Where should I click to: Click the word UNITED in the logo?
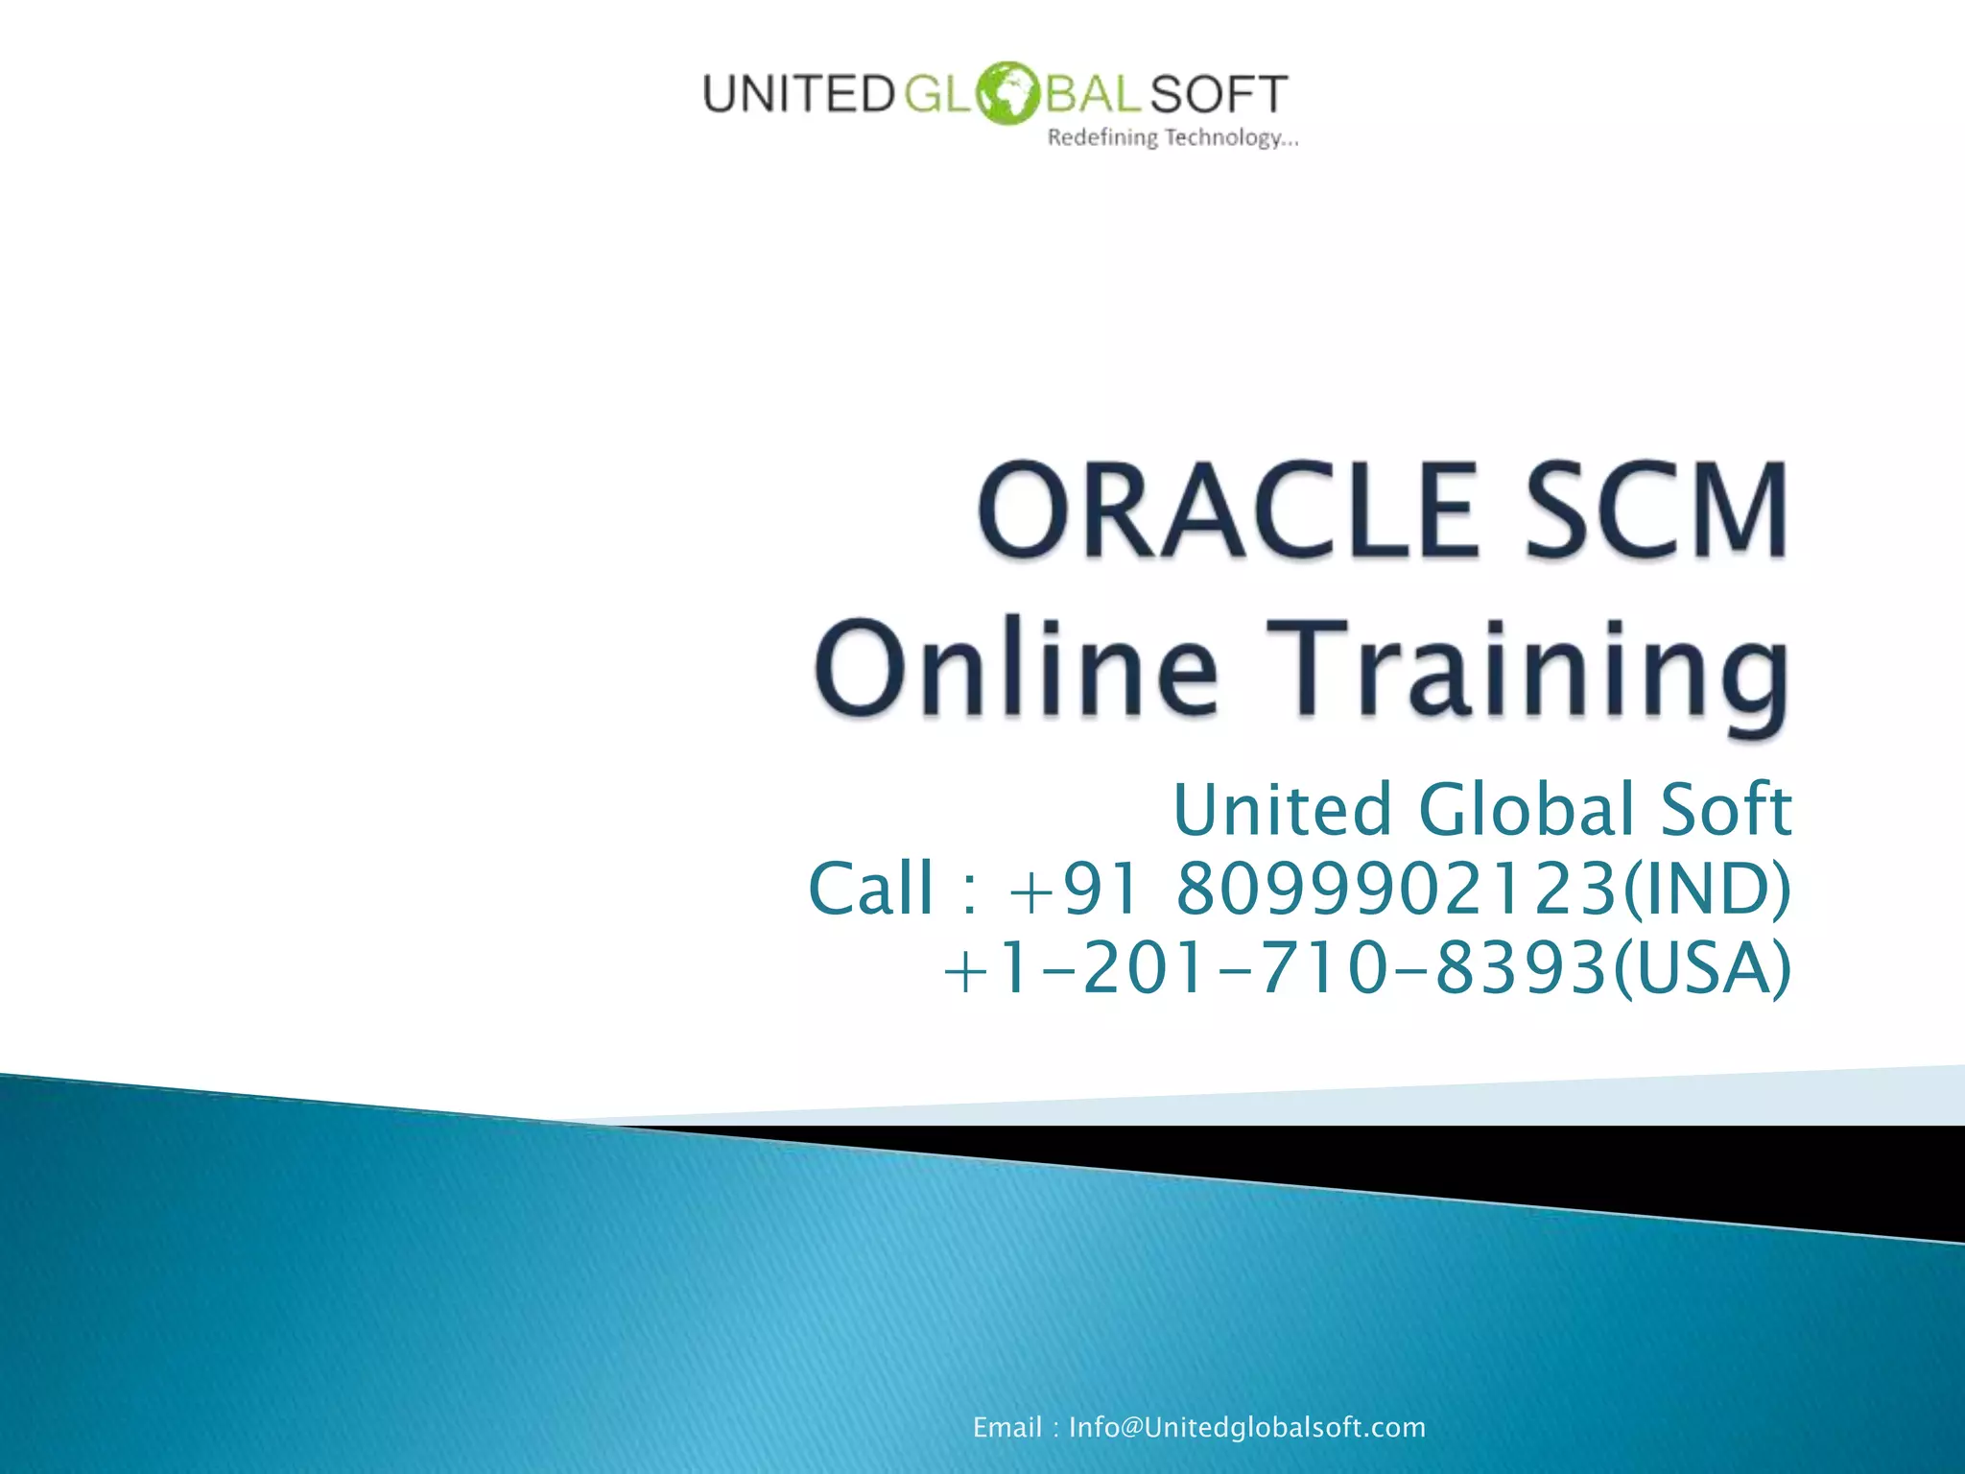(798, 95)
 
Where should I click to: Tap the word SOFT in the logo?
(1218, 95)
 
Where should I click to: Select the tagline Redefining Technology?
(1172, 138)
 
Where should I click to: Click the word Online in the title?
(1016, 668)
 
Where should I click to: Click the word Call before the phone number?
(870, 888)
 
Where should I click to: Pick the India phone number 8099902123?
(1396, 888)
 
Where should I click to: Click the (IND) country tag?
(1706, 890)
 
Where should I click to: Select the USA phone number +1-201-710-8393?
(1275, 967)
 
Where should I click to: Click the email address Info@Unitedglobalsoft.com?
(1246, 1427)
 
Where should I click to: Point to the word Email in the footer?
(1006, 1427)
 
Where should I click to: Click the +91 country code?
(1074, 888)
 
